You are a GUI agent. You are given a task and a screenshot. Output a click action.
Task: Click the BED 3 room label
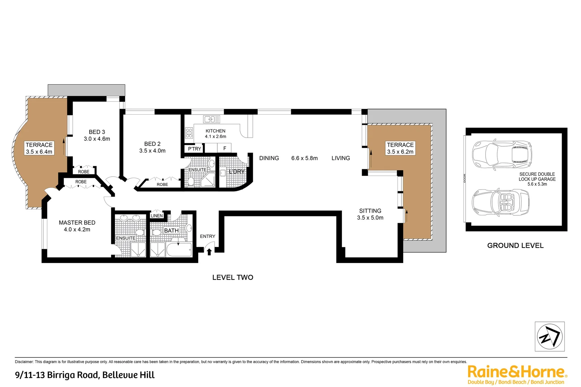(97, 132)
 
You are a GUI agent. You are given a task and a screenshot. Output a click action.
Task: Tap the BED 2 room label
(152, 144)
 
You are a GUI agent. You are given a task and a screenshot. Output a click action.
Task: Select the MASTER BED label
(77, 223)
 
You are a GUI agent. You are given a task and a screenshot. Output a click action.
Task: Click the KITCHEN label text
(215, 131)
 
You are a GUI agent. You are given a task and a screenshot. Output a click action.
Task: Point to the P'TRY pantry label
(195, 149)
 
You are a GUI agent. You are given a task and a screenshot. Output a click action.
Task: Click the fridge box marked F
(225, 148)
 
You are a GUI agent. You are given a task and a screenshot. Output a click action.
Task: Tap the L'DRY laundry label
(237, 172)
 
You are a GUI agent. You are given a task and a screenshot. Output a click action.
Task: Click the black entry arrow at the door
(209, 252)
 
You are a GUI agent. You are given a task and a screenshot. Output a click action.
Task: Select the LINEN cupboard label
(157, 216)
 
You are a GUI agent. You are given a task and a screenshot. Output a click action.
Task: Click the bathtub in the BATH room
(179, 250)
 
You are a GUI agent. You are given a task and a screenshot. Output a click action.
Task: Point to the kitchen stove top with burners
(189, 133)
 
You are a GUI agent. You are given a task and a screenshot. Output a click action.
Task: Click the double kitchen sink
(211, 119)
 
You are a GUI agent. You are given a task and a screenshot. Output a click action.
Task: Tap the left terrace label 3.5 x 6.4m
(39, 148)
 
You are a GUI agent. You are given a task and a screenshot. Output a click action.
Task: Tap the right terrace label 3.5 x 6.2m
(400, 148)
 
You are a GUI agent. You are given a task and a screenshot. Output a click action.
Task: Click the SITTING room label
(370, 211)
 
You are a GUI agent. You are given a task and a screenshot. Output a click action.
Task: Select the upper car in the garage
(502, 155)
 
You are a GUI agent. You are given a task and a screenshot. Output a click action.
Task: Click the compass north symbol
(549, 336)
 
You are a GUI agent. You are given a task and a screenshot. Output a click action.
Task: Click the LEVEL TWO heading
(233, 277)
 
